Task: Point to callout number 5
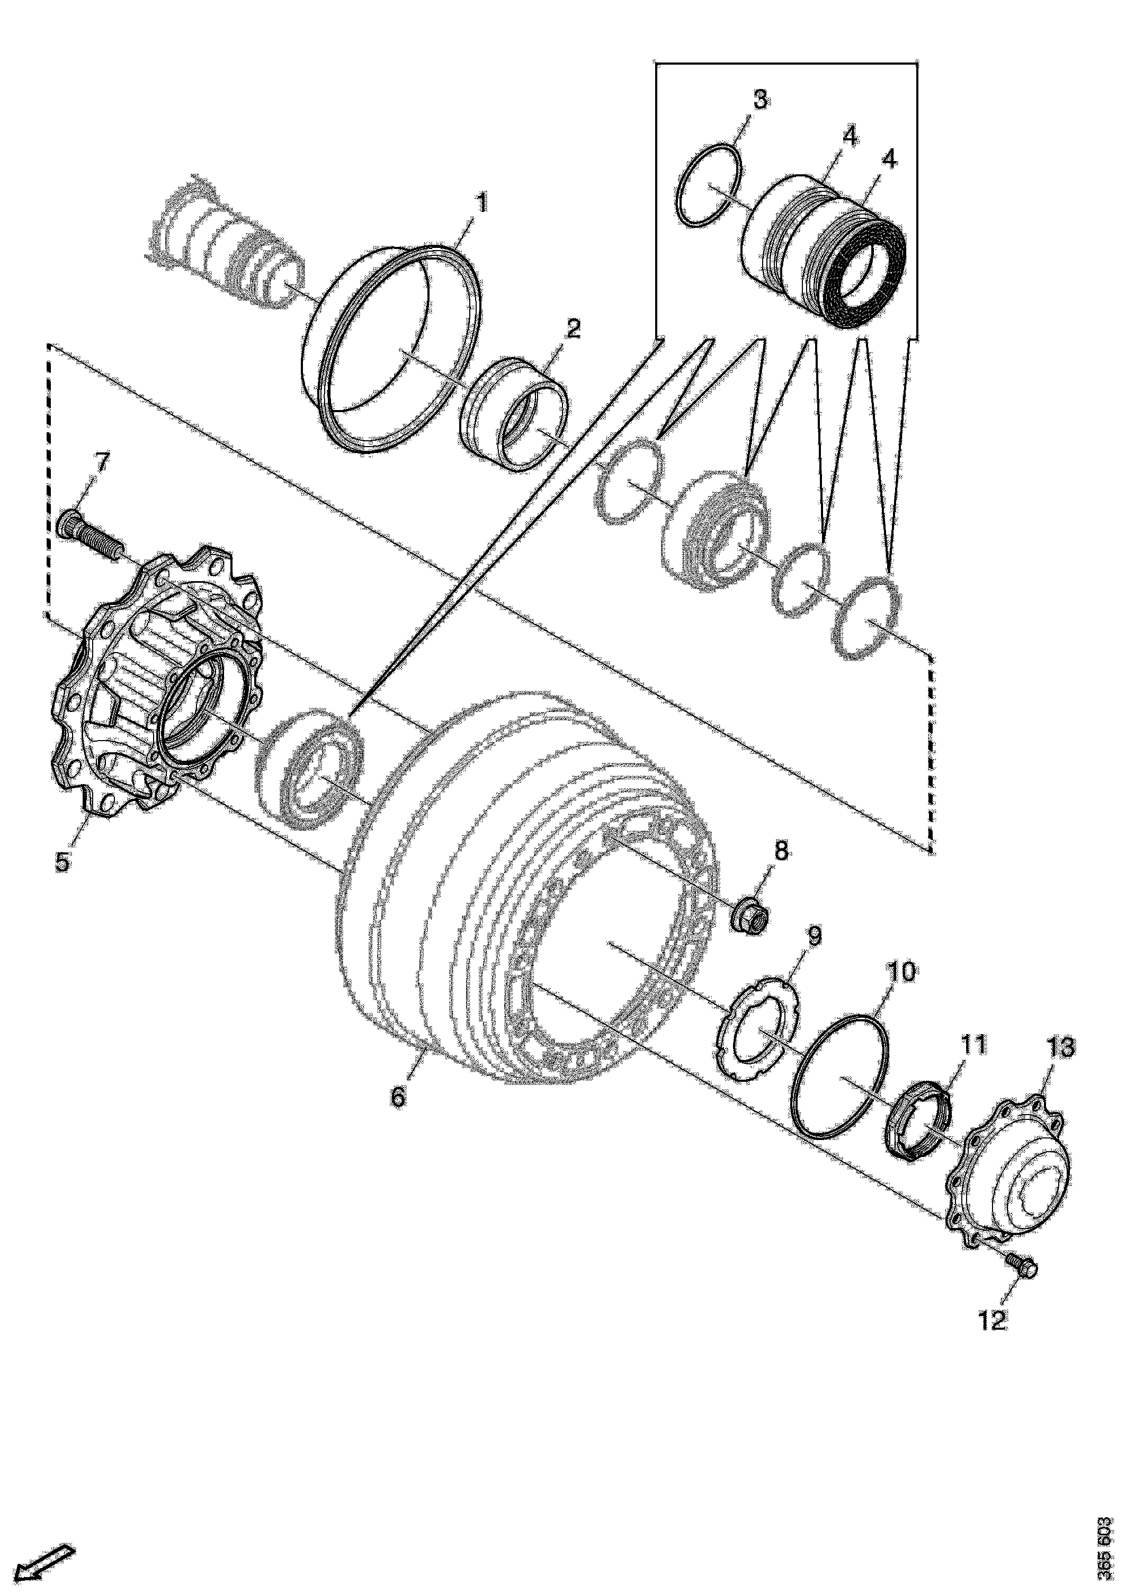[62, 862]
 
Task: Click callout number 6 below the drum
[398, 1097]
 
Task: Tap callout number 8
[781, 851]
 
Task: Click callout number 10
[900, 972]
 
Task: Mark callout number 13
[1061, 1047]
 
